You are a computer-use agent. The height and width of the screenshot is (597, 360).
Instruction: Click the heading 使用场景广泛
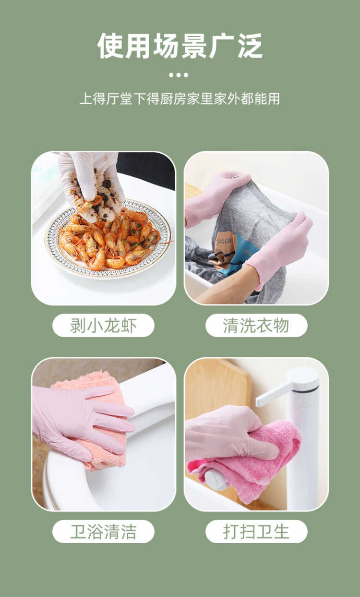point(180,46)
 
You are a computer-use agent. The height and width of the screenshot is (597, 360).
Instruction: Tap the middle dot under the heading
point(179,75)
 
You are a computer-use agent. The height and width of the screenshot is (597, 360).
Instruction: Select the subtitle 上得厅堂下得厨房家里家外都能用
point(180,98)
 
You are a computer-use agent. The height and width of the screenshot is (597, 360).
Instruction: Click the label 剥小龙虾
point(103,326)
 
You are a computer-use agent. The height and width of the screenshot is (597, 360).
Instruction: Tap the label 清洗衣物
point(256,326)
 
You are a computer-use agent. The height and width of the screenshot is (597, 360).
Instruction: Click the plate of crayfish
point(108,239)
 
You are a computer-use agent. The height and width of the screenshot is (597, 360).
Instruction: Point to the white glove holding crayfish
point(91,181)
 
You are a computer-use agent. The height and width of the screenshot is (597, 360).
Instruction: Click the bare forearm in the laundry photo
point(227,287)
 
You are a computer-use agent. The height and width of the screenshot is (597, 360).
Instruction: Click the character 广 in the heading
point(222,46)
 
